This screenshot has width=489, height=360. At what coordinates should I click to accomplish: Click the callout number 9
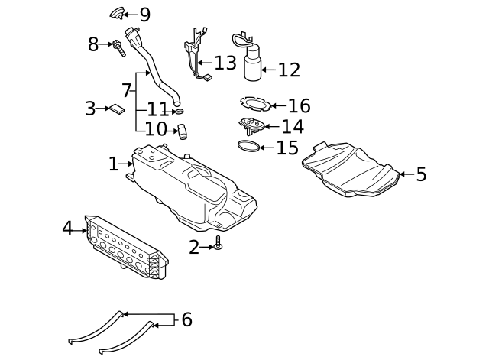pos(144,15)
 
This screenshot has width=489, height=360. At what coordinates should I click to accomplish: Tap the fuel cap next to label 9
pos(118,12)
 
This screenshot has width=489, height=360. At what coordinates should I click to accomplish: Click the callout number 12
pos(289,70)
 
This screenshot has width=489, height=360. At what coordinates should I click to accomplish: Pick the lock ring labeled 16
pos(253,103)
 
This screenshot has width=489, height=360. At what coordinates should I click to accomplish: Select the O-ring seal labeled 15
pos(248,146)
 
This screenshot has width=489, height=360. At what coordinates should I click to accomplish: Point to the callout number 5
pos(421,174)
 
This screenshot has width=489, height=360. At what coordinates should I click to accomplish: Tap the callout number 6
pos(186,319)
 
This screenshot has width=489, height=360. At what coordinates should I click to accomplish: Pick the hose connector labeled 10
pos(183,132)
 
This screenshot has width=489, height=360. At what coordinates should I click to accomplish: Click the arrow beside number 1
pos(127,164)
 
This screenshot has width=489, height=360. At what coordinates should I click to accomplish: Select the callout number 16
pos(299,106)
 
